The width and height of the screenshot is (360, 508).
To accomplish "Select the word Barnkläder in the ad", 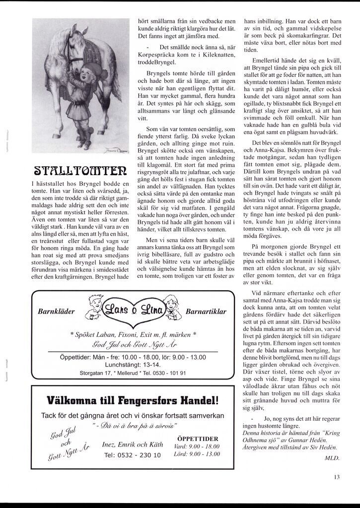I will click(x=56, y=312).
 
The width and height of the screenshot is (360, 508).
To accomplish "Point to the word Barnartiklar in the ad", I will click(x=206, y=312).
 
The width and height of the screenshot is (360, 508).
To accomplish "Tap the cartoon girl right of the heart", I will click(x=172, y=307).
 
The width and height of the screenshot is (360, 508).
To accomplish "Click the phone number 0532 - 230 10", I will click(x=133, y=455).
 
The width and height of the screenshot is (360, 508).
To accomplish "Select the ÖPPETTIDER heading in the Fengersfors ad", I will click(x=198, y=439).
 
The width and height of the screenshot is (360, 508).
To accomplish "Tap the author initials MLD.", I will click(x=332, y=458).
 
